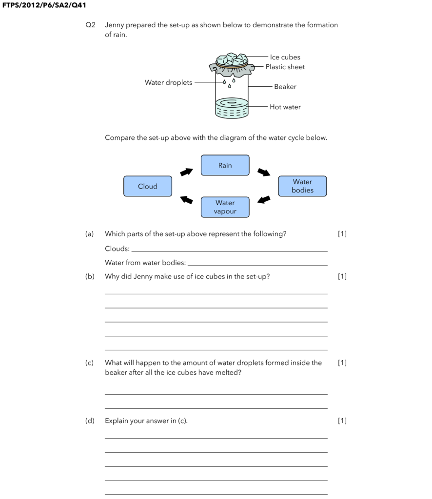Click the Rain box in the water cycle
pos(225,165)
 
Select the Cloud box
pos(148,186)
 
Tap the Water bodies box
pos(302,186)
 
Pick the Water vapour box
pos(225,207)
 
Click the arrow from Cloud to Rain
pos(186,172)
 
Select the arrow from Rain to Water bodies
pos(264,172)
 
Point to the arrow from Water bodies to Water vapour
pos(264,200)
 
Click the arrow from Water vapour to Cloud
pos(186,200)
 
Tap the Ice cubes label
pos(285,57)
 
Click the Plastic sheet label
pos(285,67)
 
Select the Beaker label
pos(285,87)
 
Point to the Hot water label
pos(285,107)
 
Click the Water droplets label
pos(168,83)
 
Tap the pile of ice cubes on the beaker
pos(232,59)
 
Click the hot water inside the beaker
pos(232,110)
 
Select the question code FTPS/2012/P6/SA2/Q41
pos(44,5)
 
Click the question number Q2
pos(91,25)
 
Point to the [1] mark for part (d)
pos(342,421)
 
